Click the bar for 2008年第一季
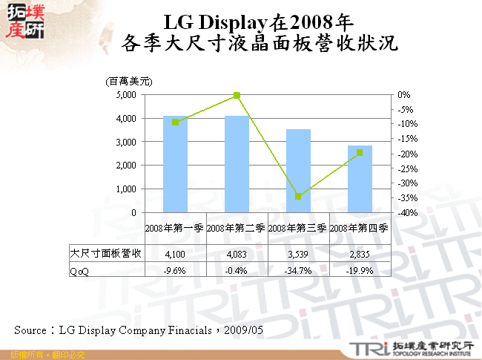(175, 164)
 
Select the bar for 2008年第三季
(298, 171)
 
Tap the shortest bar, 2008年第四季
(360, 179)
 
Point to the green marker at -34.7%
(298, 197)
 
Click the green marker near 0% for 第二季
(237, 96)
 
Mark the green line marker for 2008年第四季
(360, 153)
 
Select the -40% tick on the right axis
(406, 213)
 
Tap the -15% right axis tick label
(406, 139)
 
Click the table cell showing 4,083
(236, 254)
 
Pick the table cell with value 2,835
(360, 254)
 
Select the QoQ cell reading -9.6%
(175, 270)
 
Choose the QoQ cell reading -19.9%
(360, 270)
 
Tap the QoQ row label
(79, 270)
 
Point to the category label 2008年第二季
(236, 229)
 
